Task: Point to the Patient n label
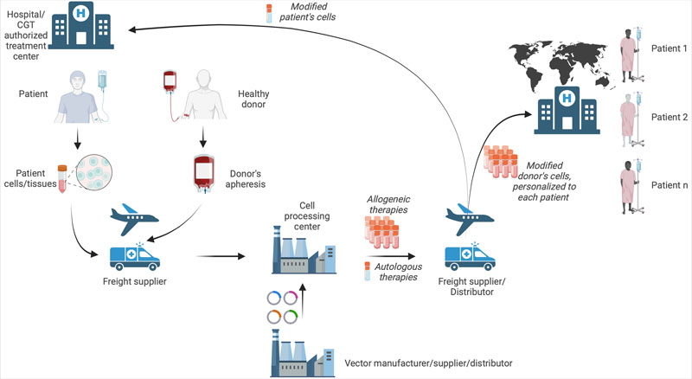tap(667, 185)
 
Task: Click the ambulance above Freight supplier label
tap(137, 254)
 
